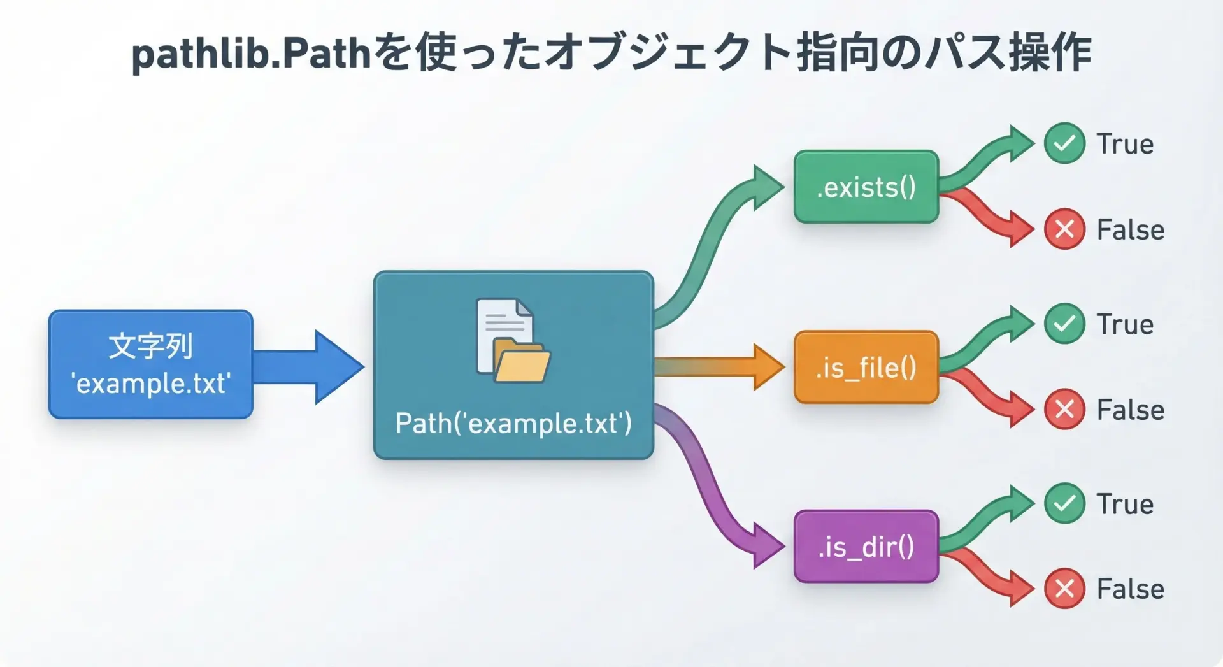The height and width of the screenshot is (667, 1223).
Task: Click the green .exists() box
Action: click(x=866, y=187)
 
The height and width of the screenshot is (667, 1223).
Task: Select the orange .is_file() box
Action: click(x=866, y=367)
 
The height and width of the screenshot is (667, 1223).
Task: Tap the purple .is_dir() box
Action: click(x=866, y=547)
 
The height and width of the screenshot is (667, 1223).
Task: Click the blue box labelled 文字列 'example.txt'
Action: click(x=151, y=364)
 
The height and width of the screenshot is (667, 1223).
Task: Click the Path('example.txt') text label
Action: click(x=513, y=423)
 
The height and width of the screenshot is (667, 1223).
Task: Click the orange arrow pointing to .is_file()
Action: click(x=720, y=367)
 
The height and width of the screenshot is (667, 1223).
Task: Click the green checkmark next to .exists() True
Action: click(x=1064, y=143)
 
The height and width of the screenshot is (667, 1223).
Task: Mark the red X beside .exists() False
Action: click(x=1064, y=229)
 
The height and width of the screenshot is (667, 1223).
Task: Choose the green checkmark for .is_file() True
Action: click(x=1064, y=324)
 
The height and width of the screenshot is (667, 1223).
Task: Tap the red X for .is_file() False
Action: click(x=1064, y=409)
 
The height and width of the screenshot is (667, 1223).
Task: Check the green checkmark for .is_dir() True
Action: click(x=1064, y=503)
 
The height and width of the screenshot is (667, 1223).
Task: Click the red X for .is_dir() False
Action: click(x=1064, y=589)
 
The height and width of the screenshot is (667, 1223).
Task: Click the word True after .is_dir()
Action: click(x=1125, y=504)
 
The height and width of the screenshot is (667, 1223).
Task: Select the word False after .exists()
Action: click(x=1130, y=229)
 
